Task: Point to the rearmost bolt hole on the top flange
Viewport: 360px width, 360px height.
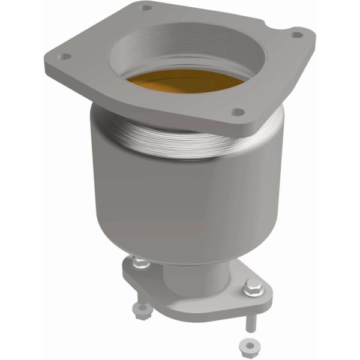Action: click(x=145, y=8)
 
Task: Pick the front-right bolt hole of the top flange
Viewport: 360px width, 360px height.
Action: click(x=238, y=112)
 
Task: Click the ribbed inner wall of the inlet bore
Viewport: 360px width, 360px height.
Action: click(x=180, y=48)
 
